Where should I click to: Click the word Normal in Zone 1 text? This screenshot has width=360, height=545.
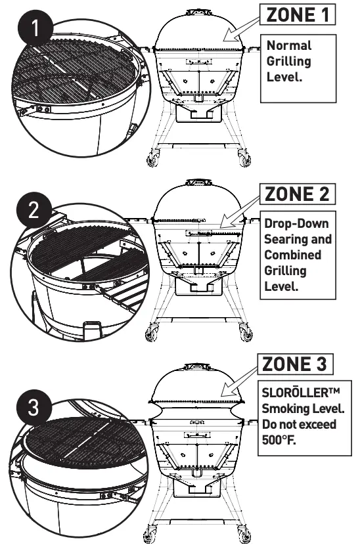[x=288, y=46]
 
